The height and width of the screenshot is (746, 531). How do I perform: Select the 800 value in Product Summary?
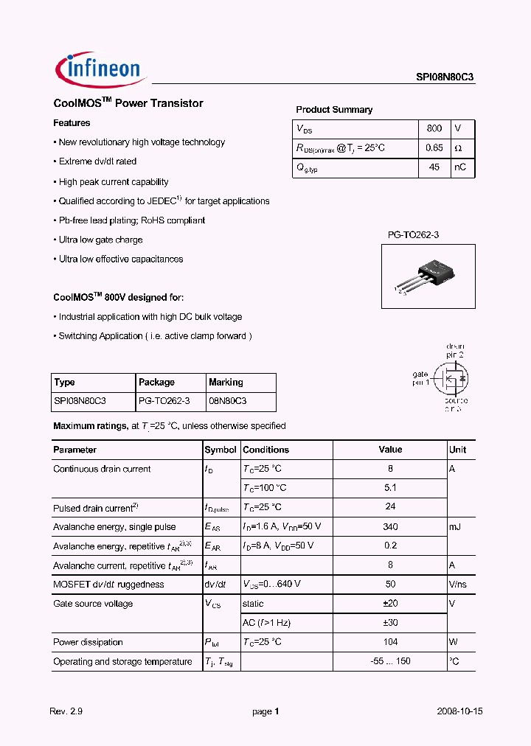click(434, 128)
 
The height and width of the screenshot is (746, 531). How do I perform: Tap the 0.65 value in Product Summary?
click(434, 147)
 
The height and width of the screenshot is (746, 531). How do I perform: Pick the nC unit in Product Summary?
click(460, 167)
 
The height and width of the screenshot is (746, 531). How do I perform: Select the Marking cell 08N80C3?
click(228, 401)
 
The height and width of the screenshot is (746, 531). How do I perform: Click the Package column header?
click(156, 382)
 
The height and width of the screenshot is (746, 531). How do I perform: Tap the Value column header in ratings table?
click(390, 450)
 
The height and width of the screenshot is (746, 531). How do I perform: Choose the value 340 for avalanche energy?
click(390, 526)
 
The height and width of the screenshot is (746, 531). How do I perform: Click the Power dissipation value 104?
click(390, 642)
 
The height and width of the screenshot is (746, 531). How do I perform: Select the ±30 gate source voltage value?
click(390, 623)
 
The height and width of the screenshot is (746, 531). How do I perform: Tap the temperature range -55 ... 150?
click(390, 661)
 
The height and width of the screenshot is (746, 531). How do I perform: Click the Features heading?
click(72, 123)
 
